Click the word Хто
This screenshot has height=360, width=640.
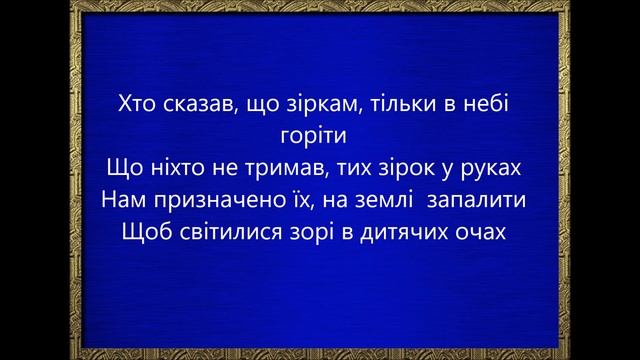[x=136, y=102]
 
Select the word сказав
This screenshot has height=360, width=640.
[x=197, y=102]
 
